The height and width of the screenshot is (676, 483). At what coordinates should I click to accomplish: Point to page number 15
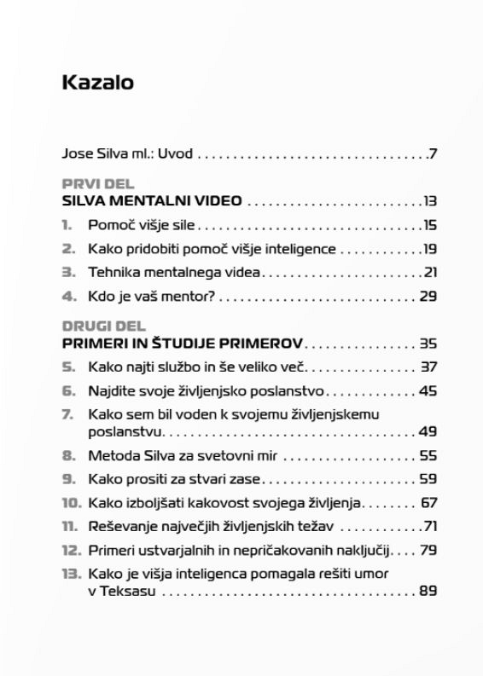(x=429, y=226)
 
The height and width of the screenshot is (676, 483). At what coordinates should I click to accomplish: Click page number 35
(x=428, y=344)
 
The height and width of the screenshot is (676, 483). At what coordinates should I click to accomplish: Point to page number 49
(x=428, y=431)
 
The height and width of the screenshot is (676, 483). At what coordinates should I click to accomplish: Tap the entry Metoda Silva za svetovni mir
(x=184, y=455)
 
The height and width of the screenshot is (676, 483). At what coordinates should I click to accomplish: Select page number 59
(x=428, y=479)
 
